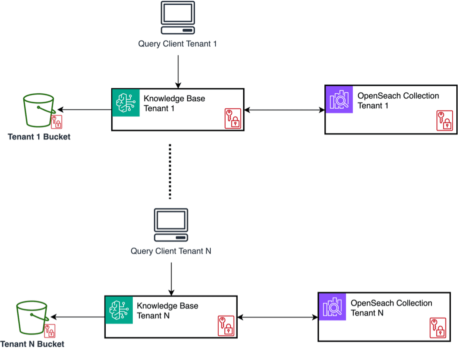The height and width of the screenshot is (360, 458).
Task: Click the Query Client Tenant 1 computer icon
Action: (x=178, y=18)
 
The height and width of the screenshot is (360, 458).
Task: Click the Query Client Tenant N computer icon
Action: (x=171, y=225)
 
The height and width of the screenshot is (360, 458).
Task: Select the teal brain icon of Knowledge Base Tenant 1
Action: (x=125, y=102)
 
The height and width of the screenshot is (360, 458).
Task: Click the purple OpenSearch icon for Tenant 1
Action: (x=339, y=99)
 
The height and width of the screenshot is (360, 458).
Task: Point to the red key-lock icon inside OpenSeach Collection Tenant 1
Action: (x=445, y=121)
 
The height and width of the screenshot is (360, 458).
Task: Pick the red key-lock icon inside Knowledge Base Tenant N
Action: (x=226, y=325)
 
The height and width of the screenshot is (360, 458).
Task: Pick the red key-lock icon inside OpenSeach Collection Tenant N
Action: (x=438, y=328)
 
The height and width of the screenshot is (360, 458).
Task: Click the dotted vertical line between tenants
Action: (x=170, y=171)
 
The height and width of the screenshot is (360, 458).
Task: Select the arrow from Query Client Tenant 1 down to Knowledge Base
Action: (x=178, y=71)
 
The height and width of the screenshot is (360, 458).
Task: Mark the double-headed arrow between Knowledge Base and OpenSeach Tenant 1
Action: (x=284, y=110)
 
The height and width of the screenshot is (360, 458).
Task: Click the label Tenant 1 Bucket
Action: (x=39, y=137)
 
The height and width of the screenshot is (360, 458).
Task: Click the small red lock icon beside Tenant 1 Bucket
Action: (x=56, y=122)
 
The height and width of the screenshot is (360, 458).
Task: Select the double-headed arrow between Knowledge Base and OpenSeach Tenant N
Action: (x=277, y=317)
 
